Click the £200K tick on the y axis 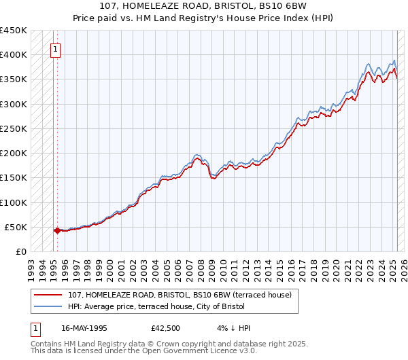click(x=14, y=154)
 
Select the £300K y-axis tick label click(x=14, y=105)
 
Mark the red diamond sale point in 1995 click(x=57, y=230)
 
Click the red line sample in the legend click(x=48, y=295)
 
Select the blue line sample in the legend click(x=48, y=306)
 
